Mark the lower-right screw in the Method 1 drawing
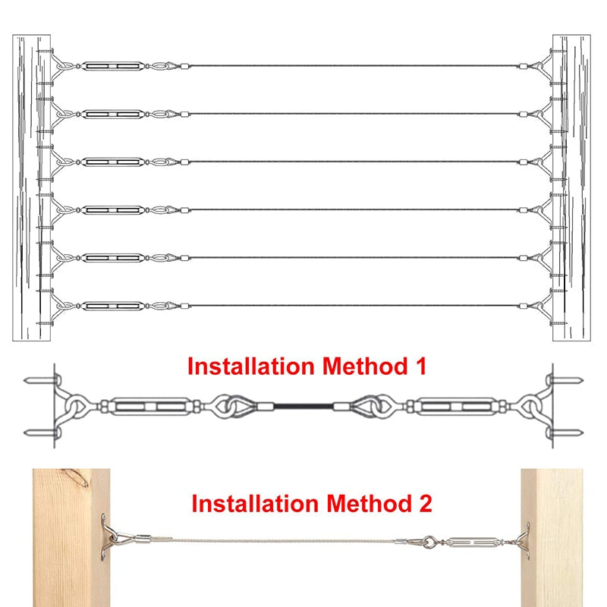(568, 434)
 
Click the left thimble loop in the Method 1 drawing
(231, 407)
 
